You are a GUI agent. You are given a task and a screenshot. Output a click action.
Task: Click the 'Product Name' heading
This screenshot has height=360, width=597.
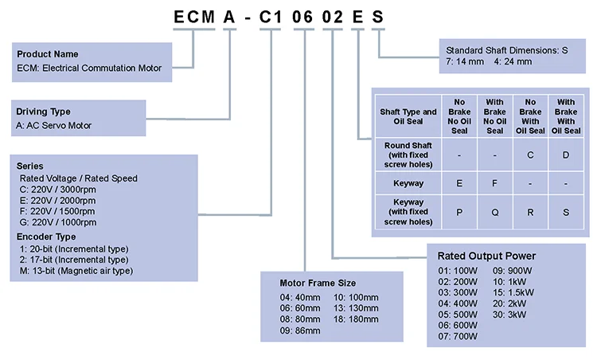pyautogui.click(x=48, y=54)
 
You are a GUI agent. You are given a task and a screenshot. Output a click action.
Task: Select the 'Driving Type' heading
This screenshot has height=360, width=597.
pyautogui.click(x=44, y=112)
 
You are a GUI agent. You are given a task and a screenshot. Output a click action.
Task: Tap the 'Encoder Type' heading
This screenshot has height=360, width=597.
pyautogui.click(x=46, y=237)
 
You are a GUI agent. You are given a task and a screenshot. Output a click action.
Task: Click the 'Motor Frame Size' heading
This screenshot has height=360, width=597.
pyautogui.click(x=318, y=283)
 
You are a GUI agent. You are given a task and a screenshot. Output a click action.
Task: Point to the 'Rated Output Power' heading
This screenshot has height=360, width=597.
pyautogui.click(x=486, y=256)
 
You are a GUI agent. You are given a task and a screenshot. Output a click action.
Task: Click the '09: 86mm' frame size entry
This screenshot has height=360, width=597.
pyautogui.click(x=299, y=330)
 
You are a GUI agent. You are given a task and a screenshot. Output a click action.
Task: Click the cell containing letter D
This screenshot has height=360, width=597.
pyautogui.click(x=565, y=155)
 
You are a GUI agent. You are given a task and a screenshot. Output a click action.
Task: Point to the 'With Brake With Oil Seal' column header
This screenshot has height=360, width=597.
pyautogui.click(x=565, y=116)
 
